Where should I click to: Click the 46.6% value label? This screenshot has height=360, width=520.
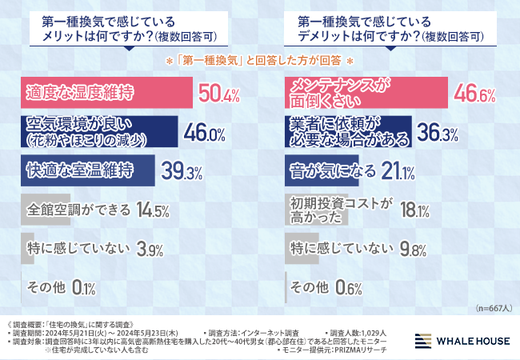[x=474, y=94]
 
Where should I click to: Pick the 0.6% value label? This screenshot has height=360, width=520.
[x=349, y=288]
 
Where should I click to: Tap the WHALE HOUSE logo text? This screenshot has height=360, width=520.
[x=473, y=341]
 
